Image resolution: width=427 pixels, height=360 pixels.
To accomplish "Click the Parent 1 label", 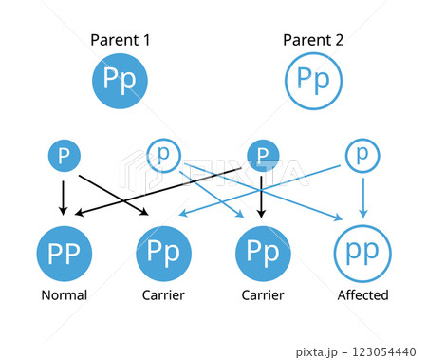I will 121,40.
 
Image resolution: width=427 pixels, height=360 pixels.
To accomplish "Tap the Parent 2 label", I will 313,40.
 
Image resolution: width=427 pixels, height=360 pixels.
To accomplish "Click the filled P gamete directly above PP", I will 64,155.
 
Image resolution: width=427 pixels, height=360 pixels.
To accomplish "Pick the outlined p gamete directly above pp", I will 362,154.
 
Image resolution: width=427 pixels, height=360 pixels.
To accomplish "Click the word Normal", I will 64,295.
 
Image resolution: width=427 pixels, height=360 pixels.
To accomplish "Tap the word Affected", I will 362,295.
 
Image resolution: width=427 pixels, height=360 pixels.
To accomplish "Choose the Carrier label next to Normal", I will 163,295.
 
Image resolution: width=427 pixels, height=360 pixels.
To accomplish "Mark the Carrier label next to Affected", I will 263,295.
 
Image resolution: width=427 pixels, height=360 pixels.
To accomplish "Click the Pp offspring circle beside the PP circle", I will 163,252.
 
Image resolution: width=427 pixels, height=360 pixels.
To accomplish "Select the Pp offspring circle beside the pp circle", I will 263,252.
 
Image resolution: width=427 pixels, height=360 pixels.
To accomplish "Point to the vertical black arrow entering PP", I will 64,195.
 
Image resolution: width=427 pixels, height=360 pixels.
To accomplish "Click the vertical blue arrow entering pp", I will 362,195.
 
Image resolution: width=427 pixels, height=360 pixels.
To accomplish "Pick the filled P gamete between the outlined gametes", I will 263,155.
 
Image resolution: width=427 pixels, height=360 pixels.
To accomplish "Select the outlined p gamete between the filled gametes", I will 163,154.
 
